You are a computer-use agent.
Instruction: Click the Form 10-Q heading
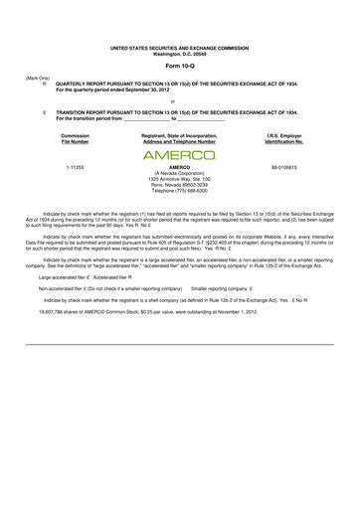[x=180, y=67]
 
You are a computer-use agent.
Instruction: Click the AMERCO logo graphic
[x=180, y=156]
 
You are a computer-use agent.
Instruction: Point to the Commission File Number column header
[x=74, y=137]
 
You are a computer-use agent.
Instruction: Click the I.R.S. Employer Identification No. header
[x=284, y=137]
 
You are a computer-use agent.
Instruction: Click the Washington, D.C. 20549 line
[x=180, y=53]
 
